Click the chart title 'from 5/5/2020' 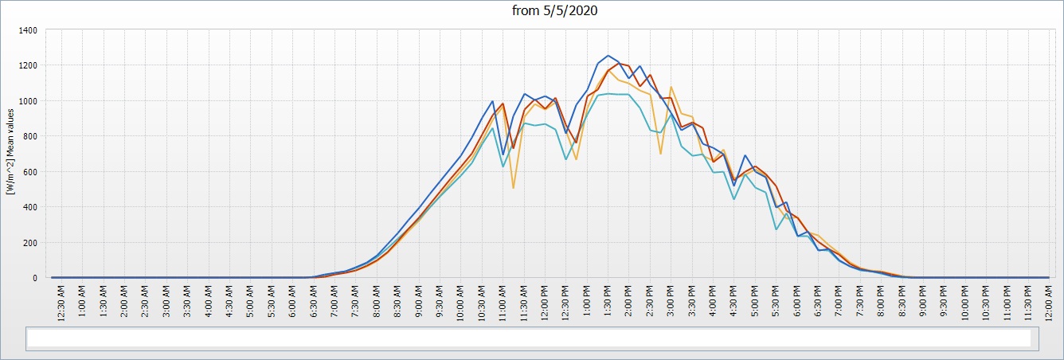(x=554, y=10)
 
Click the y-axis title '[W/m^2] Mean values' (x=10, y=151)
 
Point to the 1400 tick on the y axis (x=28, y=30)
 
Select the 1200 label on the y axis (x=28, y=65)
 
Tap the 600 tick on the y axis (x=30, y=172)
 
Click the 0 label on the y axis (x=35, y=278)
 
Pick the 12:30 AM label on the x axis (x=61, y=303)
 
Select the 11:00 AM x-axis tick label (x=503, y=303)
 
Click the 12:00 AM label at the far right (x=1049, y=303)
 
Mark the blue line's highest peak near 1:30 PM (x=608, y=56)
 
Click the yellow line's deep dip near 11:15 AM (x=514, y=188)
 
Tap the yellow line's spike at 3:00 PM (x=671, y=87)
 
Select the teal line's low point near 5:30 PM (x=776, y=229)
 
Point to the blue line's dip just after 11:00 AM (x=503, y=155)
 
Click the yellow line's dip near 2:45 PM (x=661, y=154)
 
